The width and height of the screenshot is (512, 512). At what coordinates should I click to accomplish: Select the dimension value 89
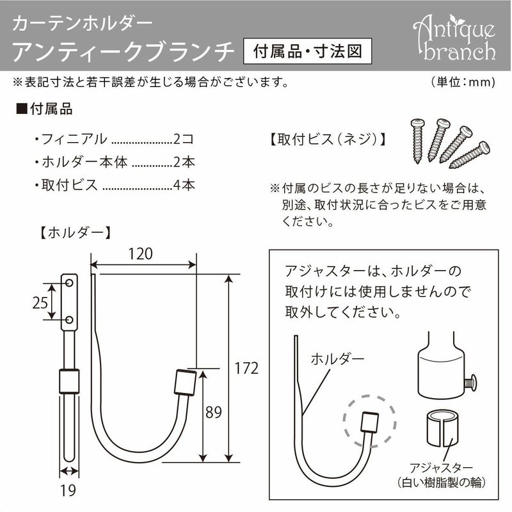click(214, 413)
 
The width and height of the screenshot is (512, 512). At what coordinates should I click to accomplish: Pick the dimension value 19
click(69, 492)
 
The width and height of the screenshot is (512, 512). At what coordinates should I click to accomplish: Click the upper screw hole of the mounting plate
click(69, 282)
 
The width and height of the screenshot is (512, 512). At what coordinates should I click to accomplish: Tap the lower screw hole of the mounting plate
click(69, 319)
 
